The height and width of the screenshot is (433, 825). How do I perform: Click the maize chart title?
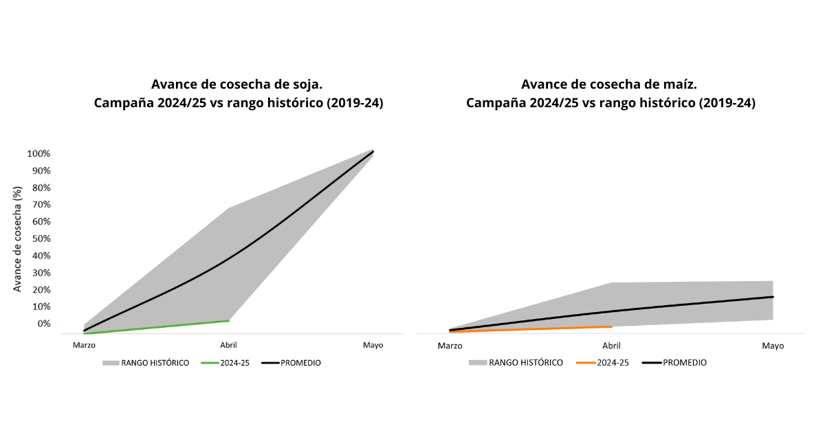click(610, 94)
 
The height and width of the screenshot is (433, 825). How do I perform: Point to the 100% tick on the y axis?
click(38, 153)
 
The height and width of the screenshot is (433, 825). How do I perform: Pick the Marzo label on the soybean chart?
click(85, 345)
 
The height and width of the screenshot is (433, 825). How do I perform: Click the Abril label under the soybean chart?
click(228, 345)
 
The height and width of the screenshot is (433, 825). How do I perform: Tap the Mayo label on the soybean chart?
click(373, 345)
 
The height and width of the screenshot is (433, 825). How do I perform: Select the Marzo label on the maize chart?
click(450, 346)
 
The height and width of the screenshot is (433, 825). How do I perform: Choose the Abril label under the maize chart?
click(611, 346)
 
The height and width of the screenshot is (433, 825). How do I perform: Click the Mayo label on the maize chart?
click(773, 346)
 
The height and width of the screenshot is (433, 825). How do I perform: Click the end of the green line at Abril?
click(228, 320)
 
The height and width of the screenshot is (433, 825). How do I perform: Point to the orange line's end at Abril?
click(611, 326)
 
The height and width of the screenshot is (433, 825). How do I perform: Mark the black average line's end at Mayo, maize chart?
click(773, 297)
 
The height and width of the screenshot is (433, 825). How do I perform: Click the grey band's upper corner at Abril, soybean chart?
click(228, 208)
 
